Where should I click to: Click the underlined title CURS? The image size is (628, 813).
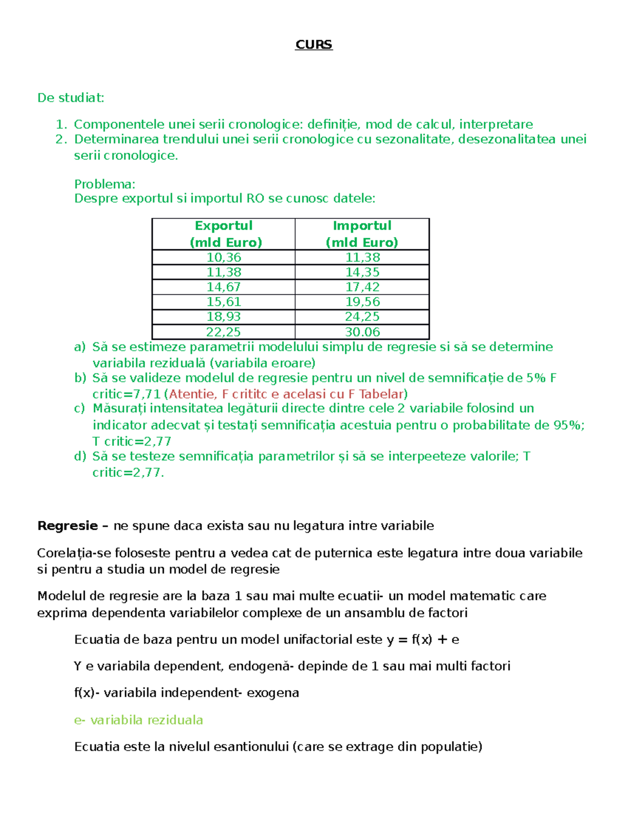[x=313, y=44]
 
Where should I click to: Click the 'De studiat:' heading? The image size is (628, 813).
[x=71, y=98]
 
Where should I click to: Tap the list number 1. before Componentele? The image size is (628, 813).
[x=61, y=125]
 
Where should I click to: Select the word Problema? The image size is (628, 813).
[x=105, y=184]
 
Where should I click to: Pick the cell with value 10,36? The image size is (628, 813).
[x=223, y=257]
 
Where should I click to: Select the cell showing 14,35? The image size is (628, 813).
[x=362, y=272]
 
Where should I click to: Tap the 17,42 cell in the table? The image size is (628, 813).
[x=362, y=287]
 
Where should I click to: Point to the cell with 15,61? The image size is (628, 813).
[x=223, y=302]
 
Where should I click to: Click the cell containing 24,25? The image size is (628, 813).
[x=362, y=317]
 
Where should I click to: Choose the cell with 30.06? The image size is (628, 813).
[x=362, y=332]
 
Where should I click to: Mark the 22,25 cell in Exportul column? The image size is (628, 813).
[x=223, y=332]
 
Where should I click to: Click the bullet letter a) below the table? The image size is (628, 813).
[x=80, y=347]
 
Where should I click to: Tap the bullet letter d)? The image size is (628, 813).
[x=80, y=456]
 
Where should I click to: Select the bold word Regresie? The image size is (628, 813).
[x=68, y=526]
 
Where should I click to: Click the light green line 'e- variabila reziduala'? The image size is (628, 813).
[x=138, y=720]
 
